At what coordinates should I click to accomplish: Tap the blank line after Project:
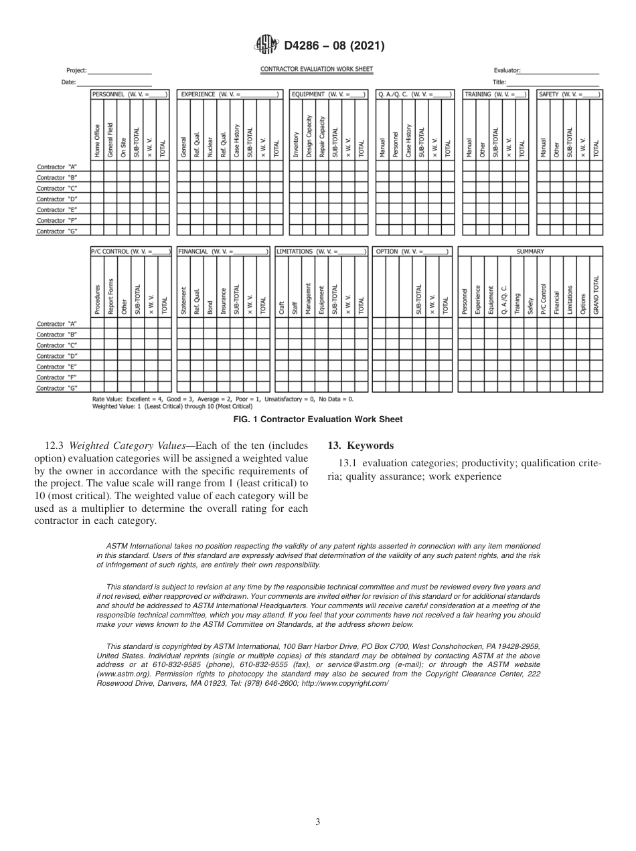(x=121, y=71)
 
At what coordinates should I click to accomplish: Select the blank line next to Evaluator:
(x=560, y=71)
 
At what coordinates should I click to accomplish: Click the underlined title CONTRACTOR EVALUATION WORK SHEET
(x=317, y=69)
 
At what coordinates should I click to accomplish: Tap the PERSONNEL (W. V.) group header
(x=130, y=94)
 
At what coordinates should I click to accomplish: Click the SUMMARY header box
(x=530, y=252)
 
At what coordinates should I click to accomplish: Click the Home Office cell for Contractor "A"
(x=97, y=167)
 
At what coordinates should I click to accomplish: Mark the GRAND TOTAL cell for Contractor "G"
(x=597, y=387)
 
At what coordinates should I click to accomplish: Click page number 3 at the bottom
(x=318, y=822)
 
